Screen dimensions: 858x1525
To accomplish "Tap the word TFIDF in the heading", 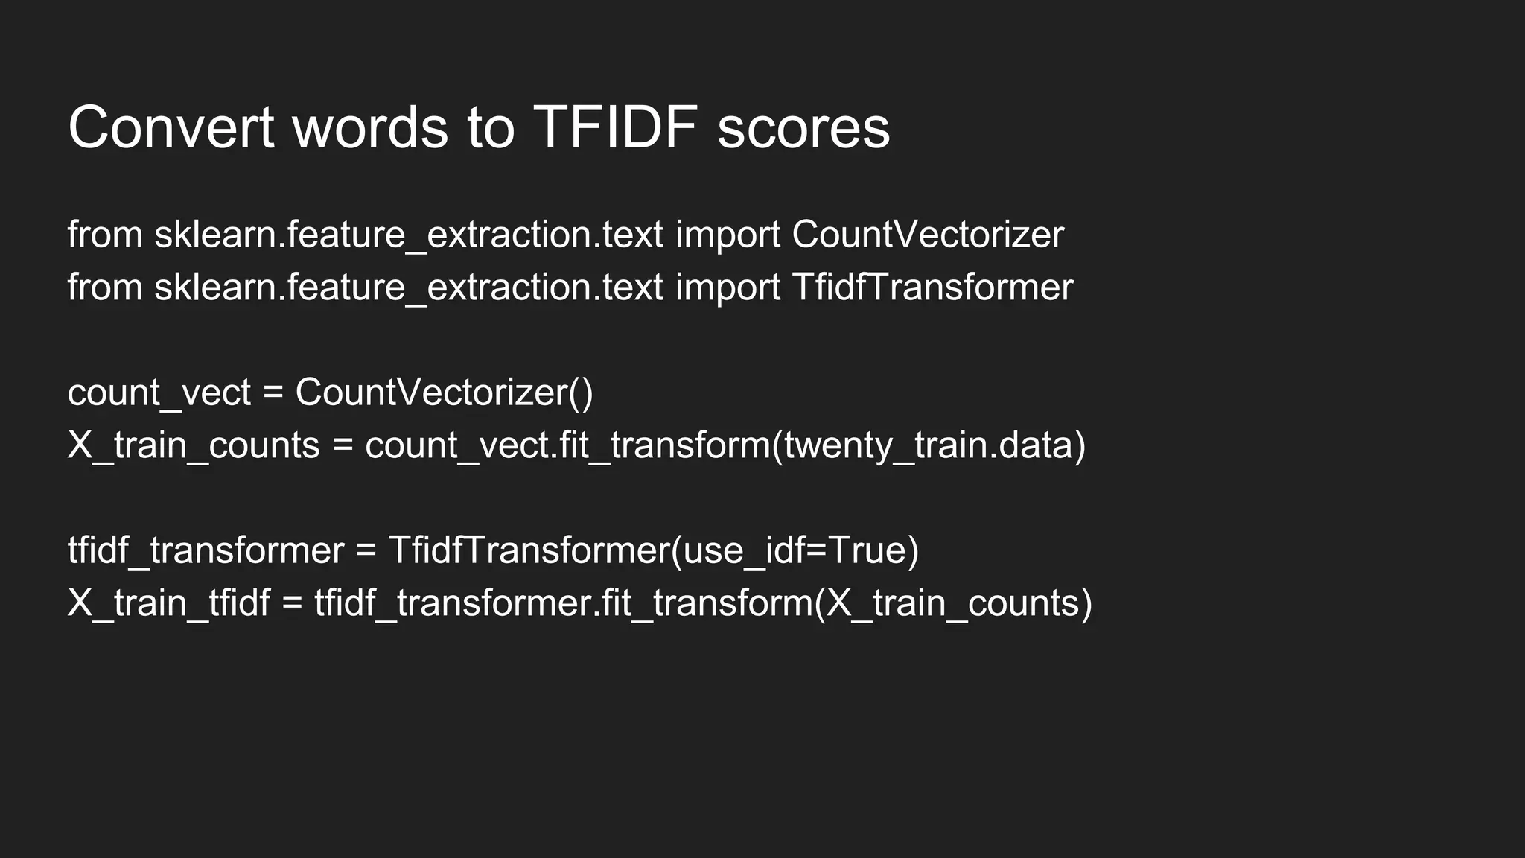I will (x=615, y=127).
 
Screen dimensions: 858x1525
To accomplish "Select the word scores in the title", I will (x=803, y=127).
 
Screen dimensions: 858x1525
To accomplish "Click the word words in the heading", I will (x=370, y=127).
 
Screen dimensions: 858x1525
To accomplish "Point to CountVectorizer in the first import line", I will (x=928, y=235).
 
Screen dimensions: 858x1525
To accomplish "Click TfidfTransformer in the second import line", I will (x=932, y=287).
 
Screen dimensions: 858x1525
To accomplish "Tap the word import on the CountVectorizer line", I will (x=728, y=235).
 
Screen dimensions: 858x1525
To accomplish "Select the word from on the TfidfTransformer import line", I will (x=105, y=287).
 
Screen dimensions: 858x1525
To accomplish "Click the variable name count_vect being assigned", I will (x=159, y=393).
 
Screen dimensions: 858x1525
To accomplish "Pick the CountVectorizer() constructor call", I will (x=444, y=393).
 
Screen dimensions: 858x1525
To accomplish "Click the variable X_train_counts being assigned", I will (x=193, y=445).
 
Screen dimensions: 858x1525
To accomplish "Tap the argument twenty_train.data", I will (x=929, y=445).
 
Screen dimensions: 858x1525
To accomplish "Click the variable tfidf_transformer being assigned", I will (x=206, y=550).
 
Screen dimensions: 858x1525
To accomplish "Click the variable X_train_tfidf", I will (x=168, y=603).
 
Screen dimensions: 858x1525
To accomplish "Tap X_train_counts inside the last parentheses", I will (x=952, y=603).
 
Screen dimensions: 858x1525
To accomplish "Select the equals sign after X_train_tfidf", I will (x=292, y=603).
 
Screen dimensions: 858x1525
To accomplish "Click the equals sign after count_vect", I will (x=273, y=393).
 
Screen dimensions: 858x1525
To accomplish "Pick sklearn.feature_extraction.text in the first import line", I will (x=408, y=235).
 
